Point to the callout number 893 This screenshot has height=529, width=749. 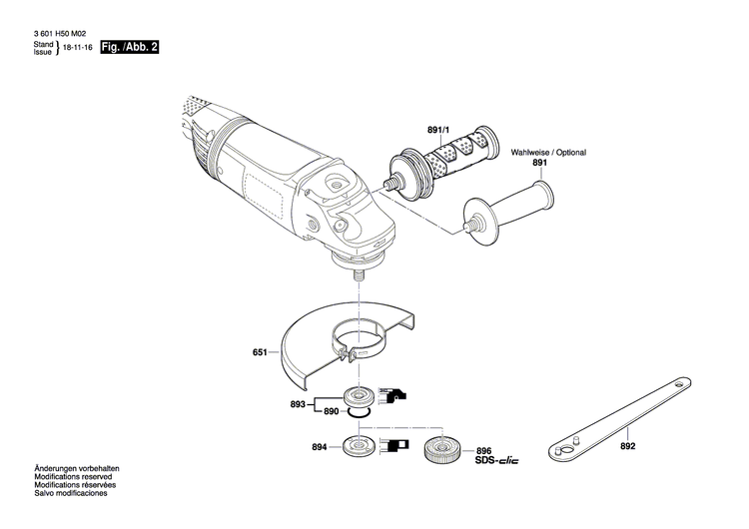coord(299,403)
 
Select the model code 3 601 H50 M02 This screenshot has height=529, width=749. coord(62,36)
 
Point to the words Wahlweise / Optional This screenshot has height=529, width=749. coord(548,153)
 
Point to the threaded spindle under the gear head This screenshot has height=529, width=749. coord(357,270)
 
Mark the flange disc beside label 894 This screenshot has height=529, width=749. coord(357,446)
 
